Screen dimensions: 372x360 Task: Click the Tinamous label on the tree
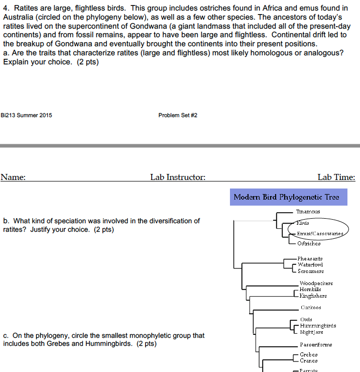(308, 212)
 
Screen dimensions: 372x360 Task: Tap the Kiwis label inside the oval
(302, 223)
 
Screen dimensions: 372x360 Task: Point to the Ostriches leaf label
(309, 243)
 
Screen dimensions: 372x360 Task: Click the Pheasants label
(310, 258)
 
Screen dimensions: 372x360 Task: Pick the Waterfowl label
(310, 264)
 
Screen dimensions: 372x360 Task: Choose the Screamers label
(310, 270)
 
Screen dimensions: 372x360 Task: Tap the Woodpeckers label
(316, 284)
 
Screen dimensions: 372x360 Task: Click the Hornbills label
(310, 290)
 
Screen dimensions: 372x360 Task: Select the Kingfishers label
(313, 296)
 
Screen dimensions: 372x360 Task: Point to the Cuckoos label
(311, 307)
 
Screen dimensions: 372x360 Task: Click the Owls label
(306, 319)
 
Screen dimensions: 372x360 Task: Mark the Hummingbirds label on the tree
(318, 325)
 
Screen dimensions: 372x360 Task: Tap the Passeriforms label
(316, 344)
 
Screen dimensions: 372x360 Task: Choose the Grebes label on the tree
(308, 354)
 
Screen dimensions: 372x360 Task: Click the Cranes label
(308, 360)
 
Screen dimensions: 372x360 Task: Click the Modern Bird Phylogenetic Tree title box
(286, 197)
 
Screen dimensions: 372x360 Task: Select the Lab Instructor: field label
(178, 177)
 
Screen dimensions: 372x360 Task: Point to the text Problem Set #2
(178, 115)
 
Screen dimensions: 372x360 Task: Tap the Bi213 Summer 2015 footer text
(27, 115)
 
